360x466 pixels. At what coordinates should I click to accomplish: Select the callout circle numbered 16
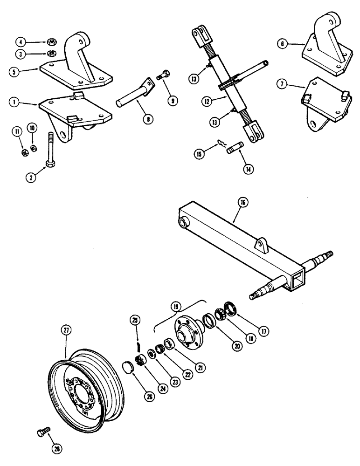[245, 202]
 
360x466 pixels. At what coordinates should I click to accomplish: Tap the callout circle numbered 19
[176, 308]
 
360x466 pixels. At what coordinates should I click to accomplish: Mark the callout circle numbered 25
[136, 321]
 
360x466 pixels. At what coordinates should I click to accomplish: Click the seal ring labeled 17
[231, 308]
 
